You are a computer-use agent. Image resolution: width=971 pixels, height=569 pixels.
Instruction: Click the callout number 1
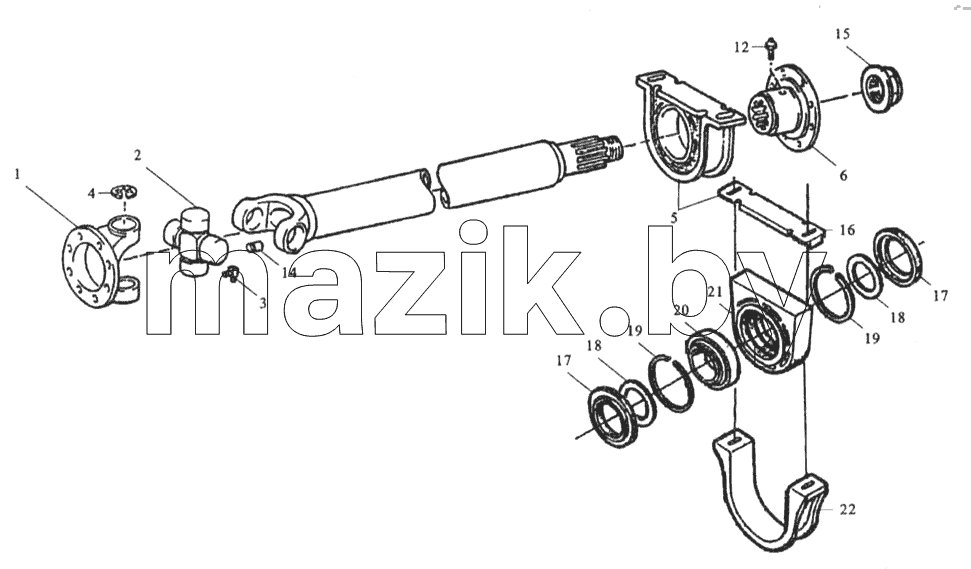coord(17,174)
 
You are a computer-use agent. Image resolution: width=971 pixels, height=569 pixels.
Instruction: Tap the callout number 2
coord(137,155)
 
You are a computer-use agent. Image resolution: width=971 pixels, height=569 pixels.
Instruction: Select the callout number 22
coord(848,510)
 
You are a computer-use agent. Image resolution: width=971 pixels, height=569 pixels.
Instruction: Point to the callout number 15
coord(842,33)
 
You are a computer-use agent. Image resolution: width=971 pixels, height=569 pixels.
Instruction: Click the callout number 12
coord(742,47)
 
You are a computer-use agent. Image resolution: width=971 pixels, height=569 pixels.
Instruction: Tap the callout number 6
coord(843,175)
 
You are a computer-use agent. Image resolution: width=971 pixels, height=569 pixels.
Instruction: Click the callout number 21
coord(715,291)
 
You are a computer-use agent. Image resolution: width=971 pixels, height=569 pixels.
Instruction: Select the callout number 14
coord(289,272)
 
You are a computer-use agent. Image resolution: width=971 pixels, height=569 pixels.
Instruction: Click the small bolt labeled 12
coord(770,48)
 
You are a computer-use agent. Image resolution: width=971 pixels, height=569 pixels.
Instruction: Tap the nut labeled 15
coord(882,88)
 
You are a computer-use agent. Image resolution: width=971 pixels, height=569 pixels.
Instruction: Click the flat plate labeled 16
coord(770,211)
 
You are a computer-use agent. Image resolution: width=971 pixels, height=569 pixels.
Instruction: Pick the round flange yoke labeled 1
coord(100,260)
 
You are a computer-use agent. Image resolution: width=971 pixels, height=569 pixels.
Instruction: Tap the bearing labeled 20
coord(712,360)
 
